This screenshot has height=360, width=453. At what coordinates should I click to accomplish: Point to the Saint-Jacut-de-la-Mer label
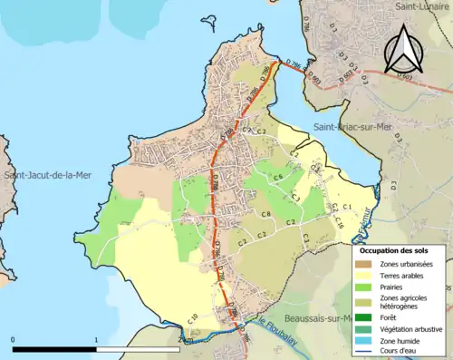(47, 174)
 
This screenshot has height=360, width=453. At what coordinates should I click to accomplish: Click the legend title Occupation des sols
(399, 249)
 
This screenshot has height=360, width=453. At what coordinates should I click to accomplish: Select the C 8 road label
(266, 214)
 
